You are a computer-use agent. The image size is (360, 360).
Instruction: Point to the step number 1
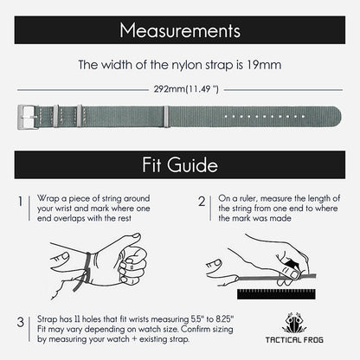tap(20, 202)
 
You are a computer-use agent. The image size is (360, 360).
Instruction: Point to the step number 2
tap(201, 202)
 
